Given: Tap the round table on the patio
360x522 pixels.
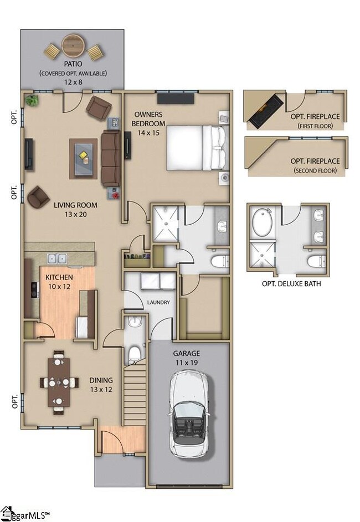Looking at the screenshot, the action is click(73, 47).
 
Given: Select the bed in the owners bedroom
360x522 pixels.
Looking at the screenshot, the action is click(198, 148).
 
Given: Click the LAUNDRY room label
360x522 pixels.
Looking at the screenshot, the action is click(158, 302).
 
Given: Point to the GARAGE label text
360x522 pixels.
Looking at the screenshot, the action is click(187, 353).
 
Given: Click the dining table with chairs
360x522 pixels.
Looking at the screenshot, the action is click(59, 382).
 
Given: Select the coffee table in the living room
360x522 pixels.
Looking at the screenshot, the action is click(84, 159).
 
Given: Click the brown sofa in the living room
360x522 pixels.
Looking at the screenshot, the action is click(111, 157).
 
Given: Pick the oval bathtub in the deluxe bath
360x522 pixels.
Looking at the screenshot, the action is click(262, 223).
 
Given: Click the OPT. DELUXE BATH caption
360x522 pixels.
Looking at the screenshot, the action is click(292, 283).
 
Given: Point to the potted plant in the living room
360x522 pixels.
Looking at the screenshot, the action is click(32, 100).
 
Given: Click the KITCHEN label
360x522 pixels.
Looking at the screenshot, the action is click(59, 277).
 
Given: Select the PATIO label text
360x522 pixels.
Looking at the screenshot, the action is click(73, 64).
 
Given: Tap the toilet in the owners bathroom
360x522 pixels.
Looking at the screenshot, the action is click(220, 261).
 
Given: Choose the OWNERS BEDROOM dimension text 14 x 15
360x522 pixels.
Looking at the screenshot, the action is click(148, 133).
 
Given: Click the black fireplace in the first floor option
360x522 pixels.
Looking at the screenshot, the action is click(266, 111).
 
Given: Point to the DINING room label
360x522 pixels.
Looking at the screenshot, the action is click(101, 380).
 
